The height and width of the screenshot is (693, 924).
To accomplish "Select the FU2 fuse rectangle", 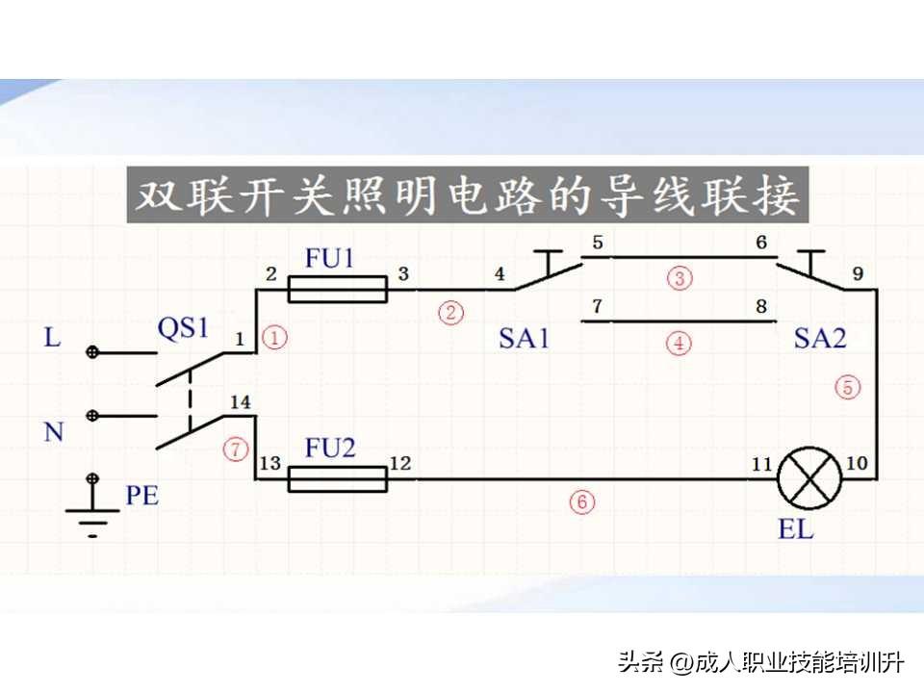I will (337, 478).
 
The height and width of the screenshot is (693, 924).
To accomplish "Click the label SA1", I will (524, 338).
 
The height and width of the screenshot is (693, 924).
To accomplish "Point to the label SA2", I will (820, 338).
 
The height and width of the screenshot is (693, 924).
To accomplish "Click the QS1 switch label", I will (183, 328).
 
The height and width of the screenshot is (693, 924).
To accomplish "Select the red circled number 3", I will (680, 279).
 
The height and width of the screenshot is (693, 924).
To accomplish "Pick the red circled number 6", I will (581, 500).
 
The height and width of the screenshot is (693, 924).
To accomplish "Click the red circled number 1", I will (275, 338).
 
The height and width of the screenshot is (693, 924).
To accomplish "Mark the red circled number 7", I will (235, 448).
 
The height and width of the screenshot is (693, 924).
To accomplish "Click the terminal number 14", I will (241, 401).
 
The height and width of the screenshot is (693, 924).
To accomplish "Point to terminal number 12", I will (399, 464).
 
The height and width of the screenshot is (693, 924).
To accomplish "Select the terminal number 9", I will (857, 274).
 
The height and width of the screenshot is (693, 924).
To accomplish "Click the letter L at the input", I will (52, 338).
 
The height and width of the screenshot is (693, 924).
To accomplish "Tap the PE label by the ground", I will (141, 497).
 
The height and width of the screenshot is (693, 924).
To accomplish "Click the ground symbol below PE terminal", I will (92, 520).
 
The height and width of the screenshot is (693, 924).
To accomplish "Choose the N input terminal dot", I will (92, 416).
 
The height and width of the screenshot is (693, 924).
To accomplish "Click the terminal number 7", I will (597, 308).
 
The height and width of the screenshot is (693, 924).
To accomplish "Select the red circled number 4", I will (680, 343).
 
